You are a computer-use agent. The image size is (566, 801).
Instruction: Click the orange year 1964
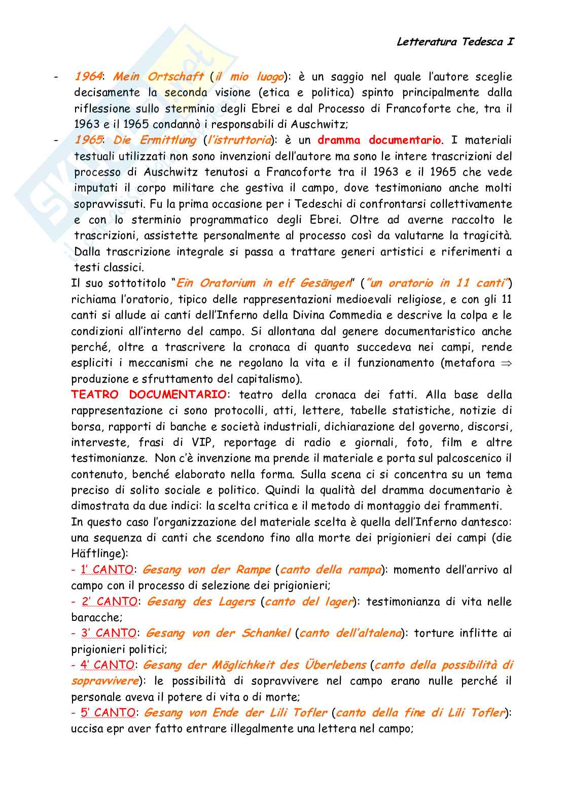pos(88,77)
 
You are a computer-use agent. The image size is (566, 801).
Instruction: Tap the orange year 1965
pos(88,140)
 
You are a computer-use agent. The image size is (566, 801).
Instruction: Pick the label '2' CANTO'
pos(110,602)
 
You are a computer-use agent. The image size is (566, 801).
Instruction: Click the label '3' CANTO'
pos(109,633)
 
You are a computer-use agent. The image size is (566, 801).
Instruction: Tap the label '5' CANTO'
pos(108,713)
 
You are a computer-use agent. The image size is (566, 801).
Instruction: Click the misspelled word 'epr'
pos(114,729)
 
